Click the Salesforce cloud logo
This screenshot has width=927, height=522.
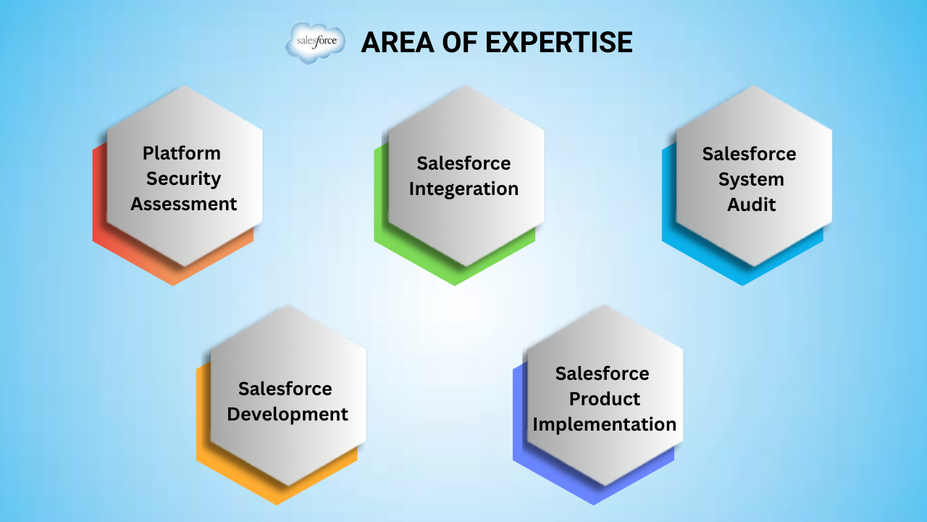tap(316, 43)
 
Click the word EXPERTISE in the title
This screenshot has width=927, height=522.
tap(558, 42)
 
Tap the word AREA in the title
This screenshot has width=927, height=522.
tap(398, 42)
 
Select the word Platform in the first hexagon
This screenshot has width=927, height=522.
tap(182, 153)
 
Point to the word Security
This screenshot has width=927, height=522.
tap(183, 179)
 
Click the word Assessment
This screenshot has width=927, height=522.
tap(184, 204)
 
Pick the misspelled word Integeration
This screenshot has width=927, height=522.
tap(463, 189)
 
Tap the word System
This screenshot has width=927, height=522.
tap(751, 180)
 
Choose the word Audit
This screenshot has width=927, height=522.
tap(751, 204)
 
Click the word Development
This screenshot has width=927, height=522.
tap(288, 415)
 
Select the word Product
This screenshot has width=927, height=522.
tap(605, 399)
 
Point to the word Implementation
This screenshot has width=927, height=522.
tap(605, 425)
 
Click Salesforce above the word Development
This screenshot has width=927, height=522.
tap(285, 389)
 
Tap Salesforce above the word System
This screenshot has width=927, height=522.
tap(749, 154)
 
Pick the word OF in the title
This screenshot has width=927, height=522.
tap(459, 42)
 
